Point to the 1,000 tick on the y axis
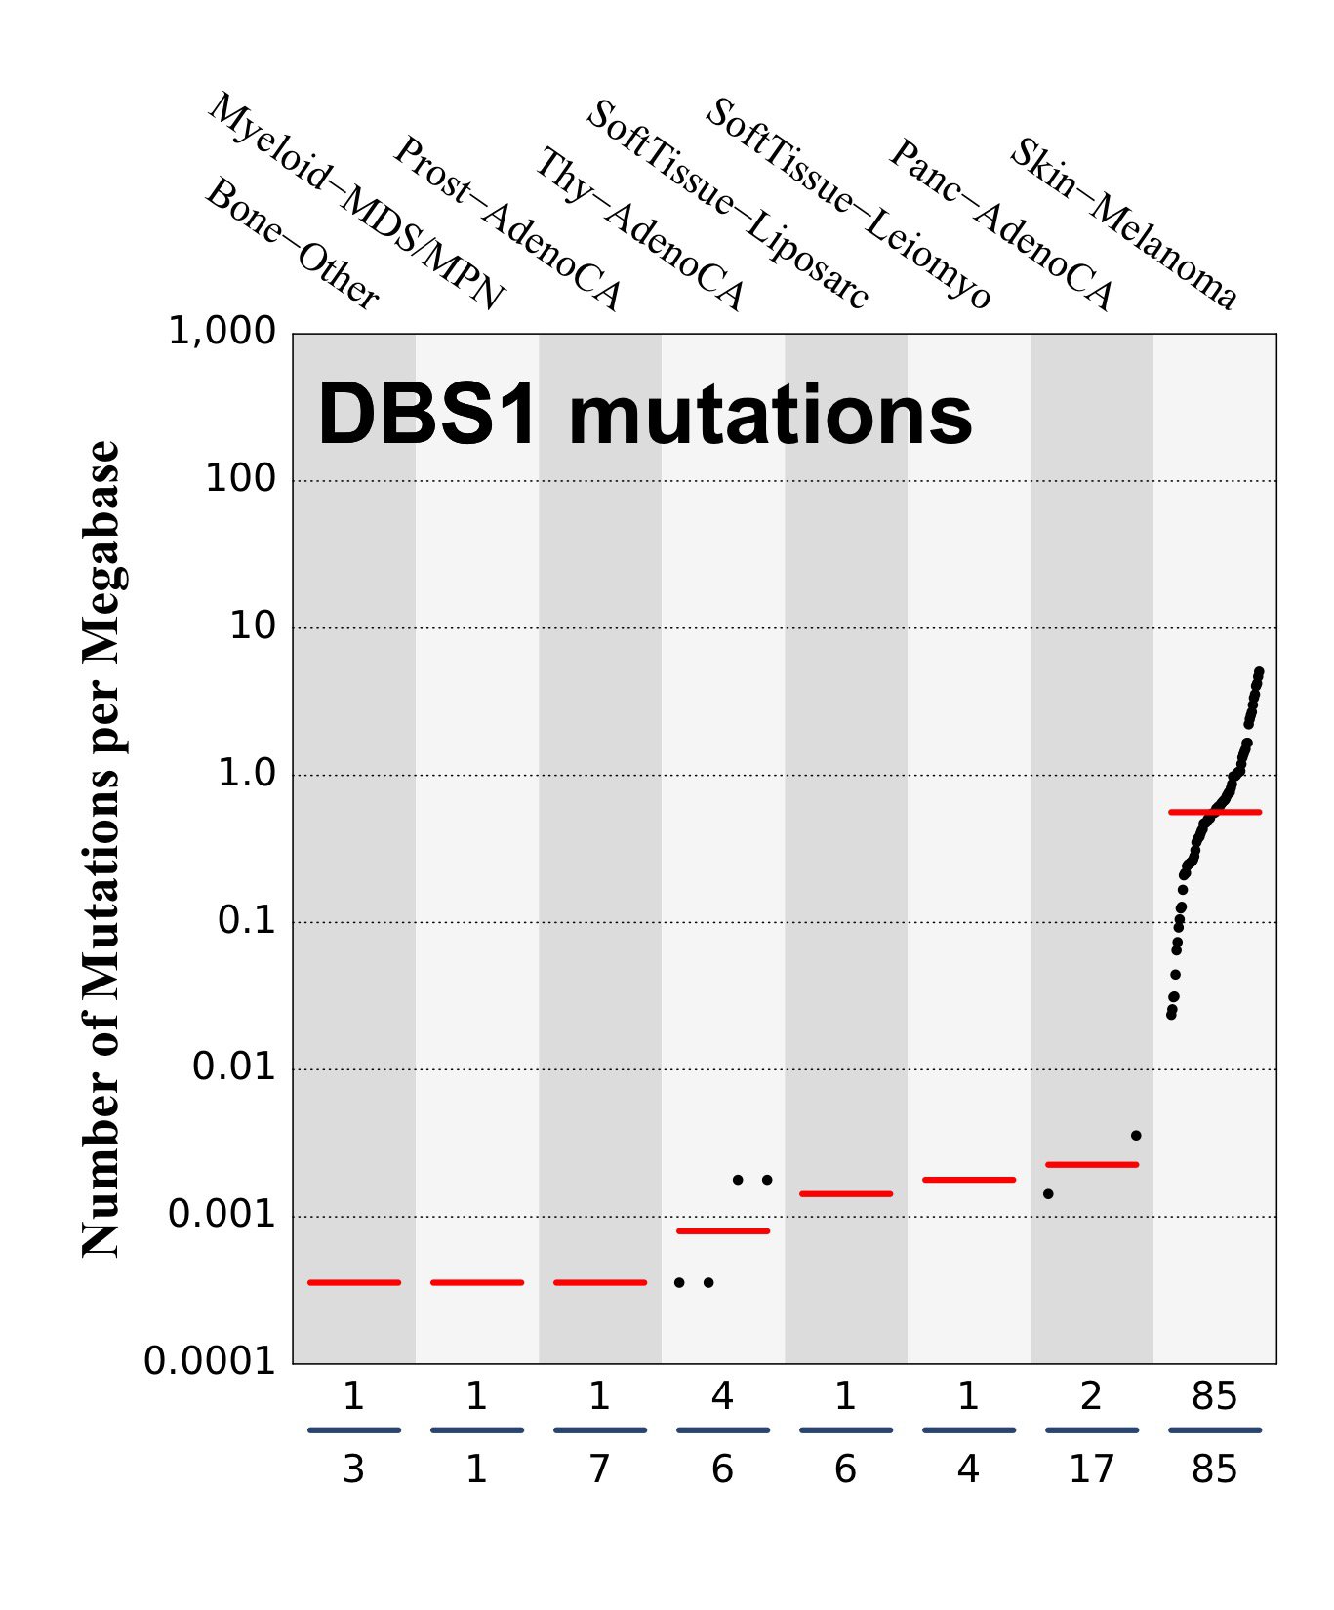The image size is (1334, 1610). click(222, 332)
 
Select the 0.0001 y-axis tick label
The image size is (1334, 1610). click(210, 1361)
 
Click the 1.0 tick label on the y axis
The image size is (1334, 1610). click(246, 774)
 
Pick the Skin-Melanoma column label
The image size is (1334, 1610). click(1122, 224)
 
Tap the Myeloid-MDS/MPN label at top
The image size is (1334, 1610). click(356, 202)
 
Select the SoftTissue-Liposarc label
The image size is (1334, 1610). click(726, 206)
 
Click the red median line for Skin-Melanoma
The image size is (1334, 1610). click(1214, 812)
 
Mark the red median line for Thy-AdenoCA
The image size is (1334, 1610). click(723, 1231)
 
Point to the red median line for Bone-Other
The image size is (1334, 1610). click(354, 1282)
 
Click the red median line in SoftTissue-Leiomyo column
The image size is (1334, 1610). click(969, 1180)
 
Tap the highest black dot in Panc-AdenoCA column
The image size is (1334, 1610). click(1136, 1136)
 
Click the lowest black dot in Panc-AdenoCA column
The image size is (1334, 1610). click(1048, 1193)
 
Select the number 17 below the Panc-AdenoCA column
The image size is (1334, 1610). click(1091, 1469)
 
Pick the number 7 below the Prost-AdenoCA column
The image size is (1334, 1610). click(599, 1469)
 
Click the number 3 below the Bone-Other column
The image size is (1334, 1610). click(353, 1469)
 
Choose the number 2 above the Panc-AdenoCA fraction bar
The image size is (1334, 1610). click(1091, 1396)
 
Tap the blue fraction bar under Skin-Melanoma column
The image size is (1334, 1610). click(1214, 1430)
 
